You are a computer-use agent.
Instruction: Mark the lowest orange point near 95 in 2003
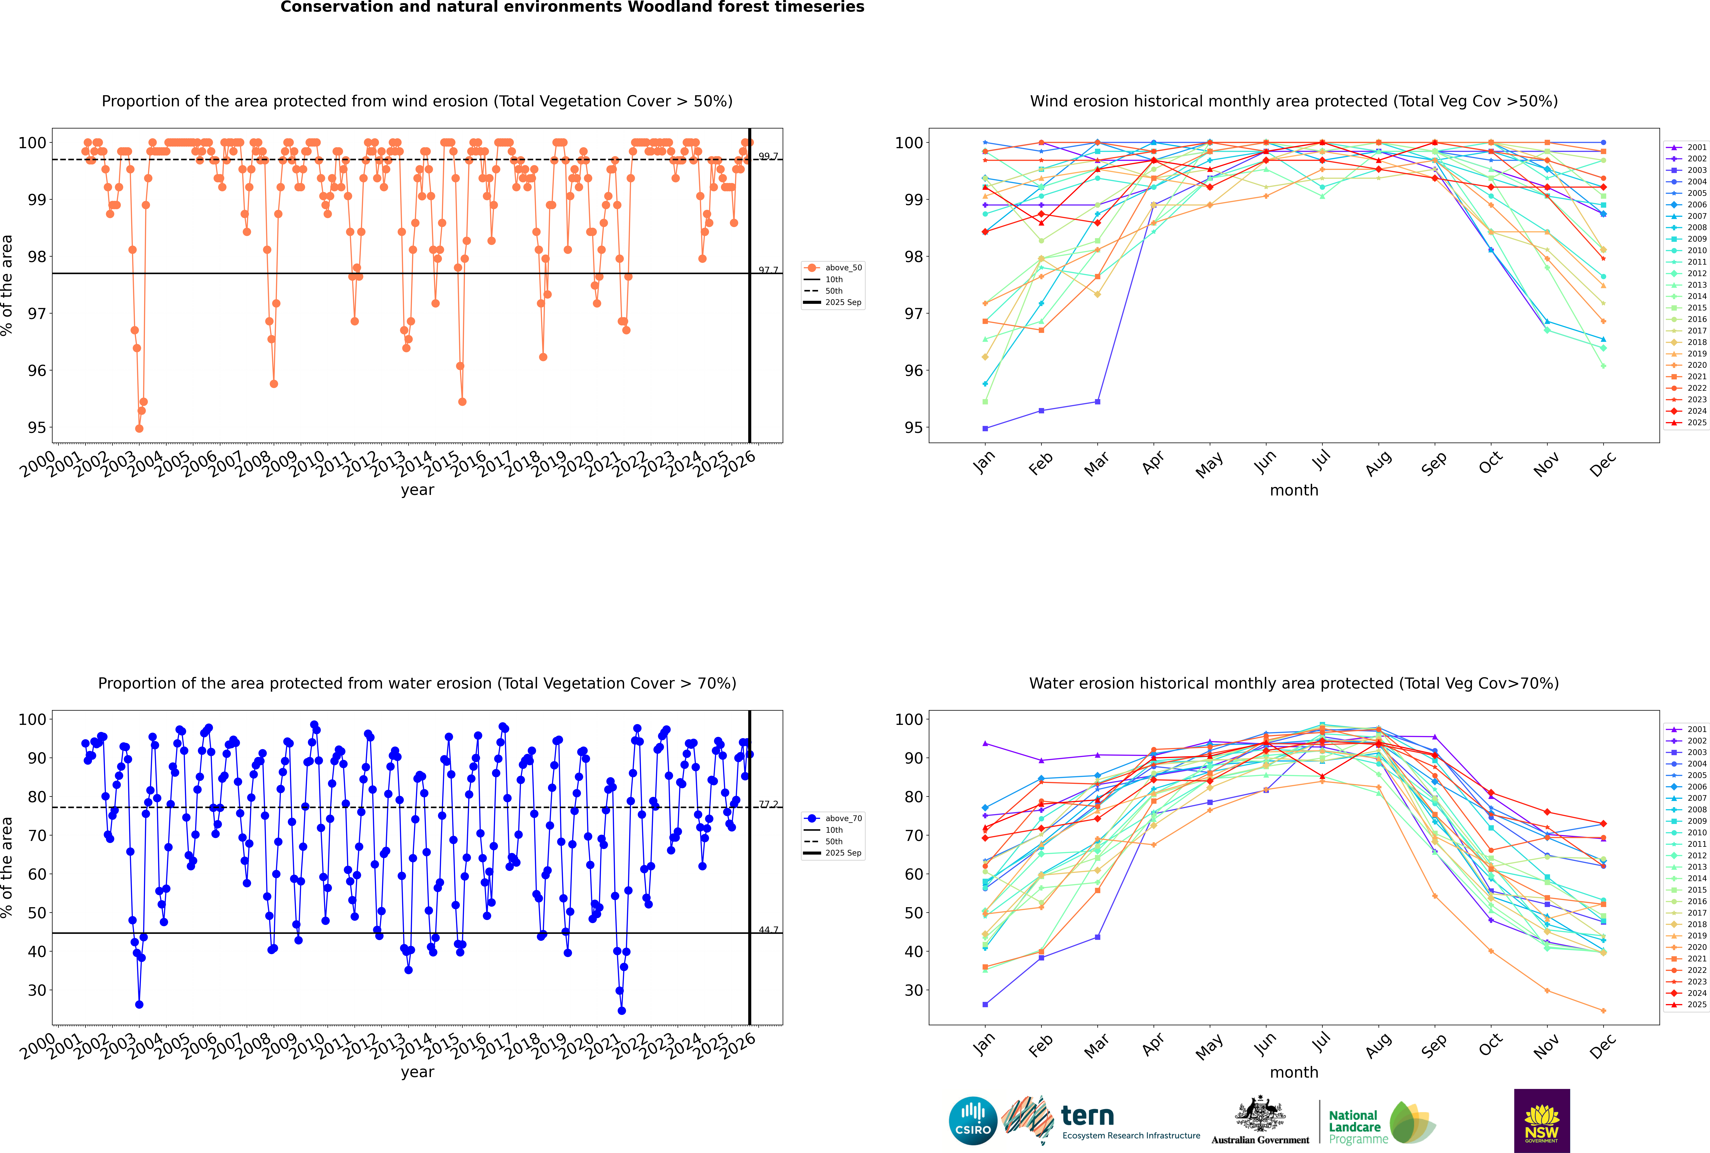point(139,428)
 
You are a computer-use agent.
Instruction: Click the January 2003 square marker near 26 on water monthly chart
point(985,1004)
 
